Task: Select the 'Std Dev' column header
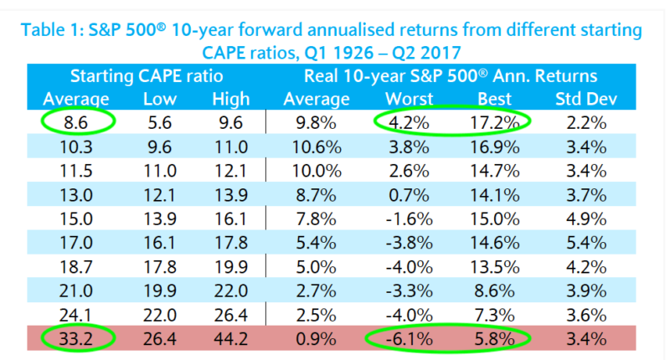coord(587,99)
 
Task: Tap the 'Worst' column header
coord(409,99)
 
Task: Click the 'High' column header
coord(231,99)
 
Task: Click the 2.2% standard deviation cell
coord(587,122)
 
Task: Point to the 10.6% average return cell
coord(322,147)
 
